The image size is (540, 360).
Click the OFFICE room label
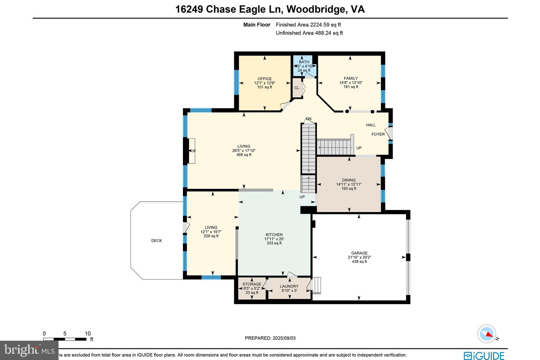[264, 79]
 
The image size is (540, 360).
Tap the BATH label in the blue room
[304, 62]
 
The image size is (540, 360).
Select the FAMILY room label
[351, 78]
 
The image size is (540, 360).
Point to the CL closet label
[297, 88]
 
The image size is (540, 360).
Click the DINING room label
[349, 180]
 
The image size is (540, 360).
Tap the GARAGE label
[359, 253]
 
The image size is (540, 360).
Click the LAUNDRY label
[289, 286]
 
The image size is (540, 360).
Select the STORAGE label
[252, 284]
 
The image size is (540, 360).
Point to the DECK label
[156, 241]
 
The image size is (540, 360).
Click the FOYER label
[378, 134]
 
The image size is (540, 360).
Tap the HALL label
[371, 125]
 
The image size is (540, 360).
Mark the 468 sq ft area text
[244, 155]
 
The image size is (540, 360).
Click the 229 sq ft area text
[211, 236]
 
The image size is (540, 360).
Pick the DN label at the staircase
[309, 119]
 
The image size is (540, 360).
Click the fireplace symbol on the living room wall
[192, 151]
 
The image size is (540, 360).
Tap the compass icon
[487, 334]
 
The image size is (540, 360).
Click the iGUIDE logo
[484, 355]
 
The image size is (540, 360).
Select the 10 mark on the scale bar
[88, 333]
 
